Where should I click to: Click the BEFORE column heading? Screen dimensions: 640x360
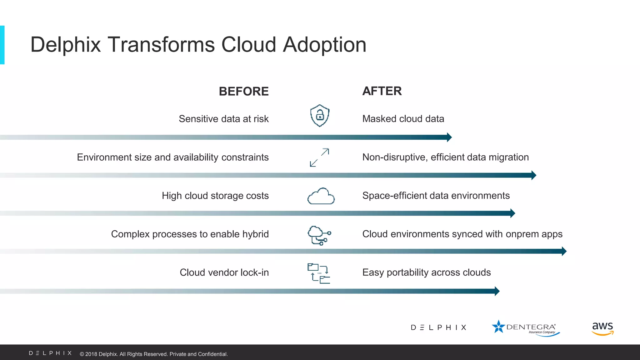click(243, 91)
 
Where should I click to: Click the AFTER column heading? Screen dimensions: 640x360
click(382, 91)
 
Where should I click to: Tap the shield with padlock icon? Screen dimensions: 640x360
click(320, 116)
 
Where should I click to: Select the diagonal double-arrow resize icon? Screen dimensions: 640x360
click(319, 157)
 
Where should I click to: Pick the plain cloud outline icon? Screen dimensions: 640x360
click(321, 196)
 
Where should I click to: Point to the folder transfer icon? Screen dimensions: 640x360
click(319, 273)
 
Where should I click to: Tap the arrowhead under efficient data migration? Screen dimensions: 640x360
click(534, 175)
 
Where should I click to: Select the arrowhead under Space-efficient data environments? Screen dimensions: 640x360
click(512, 213)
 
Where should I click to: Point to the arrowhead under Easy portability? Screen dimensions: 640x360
click(497, 291)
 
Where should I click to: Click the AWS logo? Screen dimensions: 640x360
click(602, 328)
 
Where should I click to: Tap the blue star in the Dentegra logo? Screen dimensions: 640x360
click(498, 327)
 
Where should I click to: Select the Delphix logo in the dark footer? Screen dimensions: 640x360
click(50, 353)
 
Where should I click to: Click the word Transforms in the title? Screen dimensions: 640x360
click(161, 44)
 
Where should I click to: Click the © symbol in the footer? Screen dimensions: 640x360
click(82, 354)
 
